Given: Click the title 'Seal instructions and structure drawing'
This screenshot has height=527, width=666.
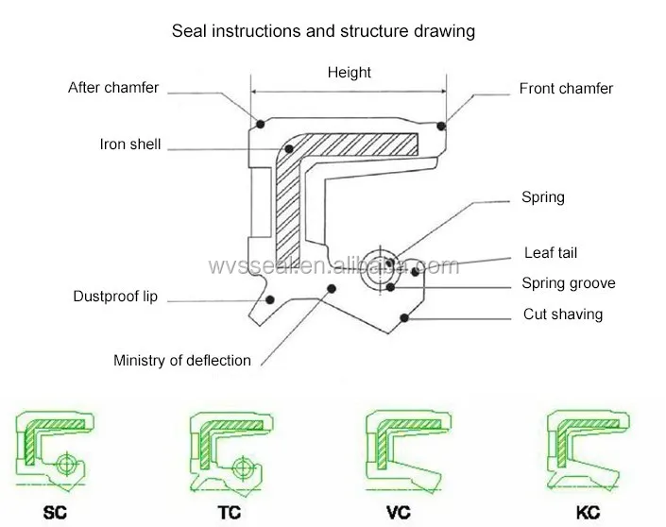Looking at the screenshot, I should [x=322, y=31].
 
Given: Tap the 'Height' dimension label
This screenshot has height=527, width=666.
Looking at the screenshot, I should [x=349, y=73].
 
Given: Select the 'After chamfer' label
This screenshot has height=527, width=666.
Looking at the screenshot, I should [x=113, y=88].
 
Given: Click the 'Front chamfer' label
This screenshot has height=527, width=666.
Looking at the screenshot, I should [x=566, y=89].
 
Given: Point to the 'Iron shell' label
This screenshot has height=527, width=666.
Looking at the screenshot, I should [x=130, y=144].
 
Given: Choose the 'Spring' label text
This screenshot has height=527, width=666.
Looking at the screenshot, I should [x=542, y=197].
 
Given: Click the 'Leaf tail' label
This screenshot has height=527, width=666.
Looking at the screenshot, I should [x=550, y=253].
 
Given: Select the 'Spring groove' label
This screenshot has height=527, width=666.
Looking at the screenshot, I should [x=568, y=283].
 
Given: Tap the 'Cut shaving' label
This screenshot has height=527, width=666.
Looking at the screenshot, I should [x=562, y=314].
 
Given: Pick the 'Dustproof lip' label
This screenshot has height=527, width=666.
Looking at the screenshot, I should [x=115, y=297].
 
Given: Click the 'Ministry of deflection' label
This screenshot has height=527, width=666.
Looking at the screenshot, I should [x=182, y=360].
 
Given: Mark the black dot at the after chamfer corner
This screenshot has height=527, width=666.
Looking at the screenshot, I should [x=260, y=124].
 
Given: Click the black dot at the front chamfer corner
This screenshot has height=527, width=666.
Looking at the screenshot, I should [x=441, y=124].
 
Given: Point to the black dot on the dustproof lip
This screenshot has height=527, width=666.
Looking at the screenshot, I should [x=270, y=300].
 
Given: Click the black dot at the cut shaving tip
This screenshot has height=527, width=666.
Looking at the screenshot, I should [x=404, y=317].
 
